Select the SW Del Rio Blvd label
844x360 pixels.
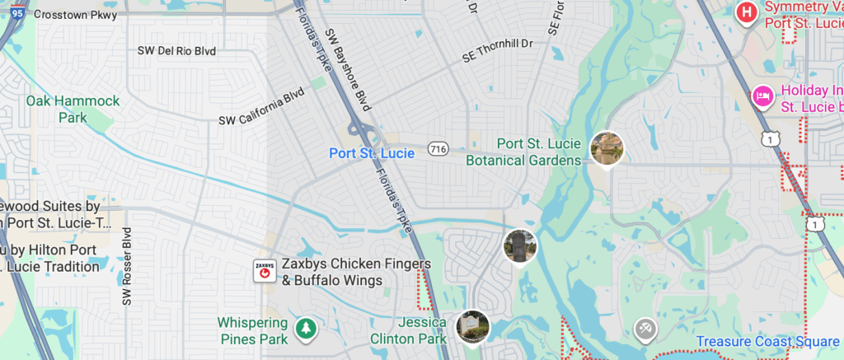click(x=176, y=51)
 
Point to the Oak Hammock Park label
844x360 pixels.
click(x=73, y=109)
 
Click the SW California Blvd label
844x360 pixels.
click(x=261, y=108)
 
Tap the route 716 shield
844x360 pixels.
click(x=438, y=149)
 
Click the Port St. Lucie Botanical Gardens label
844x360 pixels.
click(x=523, y=152)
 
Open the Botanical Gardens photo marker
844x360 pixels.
click(x=607, y=148)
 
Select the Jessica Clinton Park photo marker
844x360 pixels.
click(x=473, y=327)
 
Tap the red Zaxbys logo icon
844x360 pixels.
click(x=265, y=271)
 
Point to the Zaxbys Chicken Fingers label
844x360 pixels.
click(x=356, y=273)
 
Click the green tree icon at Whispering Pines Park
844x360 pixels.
click(x=307, y=329)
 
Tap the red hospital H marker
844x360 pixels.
click(x=747, y=12)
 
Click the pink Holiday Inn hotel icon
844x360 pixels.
click(x=762, y=97)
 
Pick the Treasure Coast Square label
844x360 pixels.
click(x=767, y=342)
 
